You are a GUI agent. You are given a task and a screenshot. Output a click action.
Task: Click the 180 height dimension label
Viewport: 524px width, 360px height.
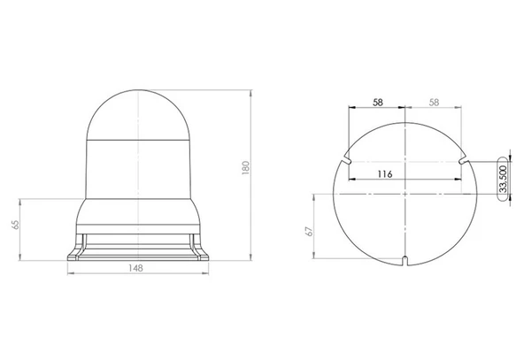[x=246, y=168]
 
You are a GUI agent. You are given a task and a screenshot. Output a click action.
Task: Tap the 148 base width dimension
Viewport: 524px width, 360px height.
[x=135, y=268]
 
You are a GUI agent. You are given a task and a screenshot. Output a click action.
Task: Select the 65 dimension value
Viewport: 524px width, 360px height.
[x=15, y=225]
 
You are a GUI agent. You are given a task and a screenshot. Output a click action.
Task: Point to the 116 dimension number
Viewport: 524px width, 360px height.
[x=385, y=174]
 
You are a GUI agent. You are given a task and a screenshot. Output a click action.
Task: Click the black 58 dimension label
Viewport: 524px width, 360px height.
[x=378, y=103]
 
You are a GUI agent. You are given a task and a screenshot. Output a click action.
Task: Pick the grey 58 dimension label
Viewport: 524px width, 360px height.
[x=434, y=103]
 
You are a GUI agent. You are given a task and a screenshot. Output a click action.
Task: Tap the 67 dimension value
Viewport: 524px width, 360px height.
[x=310, y=231]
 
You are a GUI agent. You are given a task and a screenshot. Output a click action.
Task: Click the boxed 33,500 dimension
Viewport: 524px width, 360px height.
[x=503, y=179]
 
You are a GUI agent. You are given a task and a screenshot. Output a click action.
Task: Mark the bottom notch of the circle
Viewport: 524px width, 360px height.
[x=405, y=261]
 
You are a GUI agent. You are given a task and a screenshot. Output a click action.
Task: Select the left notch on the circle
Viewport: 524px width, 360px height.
[x=346, y=160]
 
